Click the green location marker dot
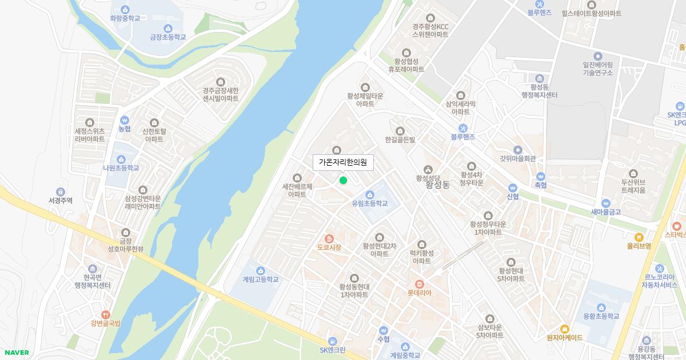[343, 181]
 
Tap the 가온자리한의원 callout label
[343, 163]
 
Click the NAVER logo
[15, 353]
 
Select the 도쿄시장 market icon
[329, 238]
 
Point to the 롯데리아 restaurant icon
[419, 283]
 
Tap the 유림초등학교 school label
[370, 203]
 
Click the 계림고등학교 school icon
[261, 270]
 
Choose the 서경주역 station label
[61, 201]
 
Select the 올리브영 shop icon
[639, 237]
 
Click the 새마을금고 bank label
[606, 211]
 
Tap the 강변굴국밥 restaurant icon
[105, 315]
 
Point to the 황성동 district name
[438, 185]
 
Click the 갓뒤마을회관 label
[517, 159]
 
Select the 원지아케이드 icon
[564, 329]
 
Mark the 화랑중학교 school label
[125, 18]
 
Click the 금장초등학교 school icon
[168, 29]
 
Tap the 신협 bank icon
[512, 187]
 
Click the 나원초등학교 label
[121, 168]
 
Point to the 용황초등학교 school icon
[601, 307]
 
